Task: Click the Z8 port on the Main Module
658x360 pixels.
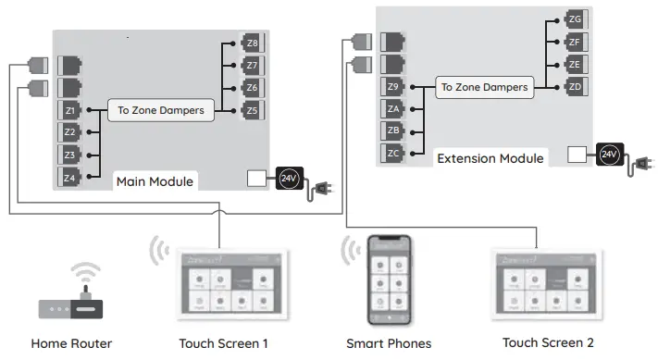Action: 253,43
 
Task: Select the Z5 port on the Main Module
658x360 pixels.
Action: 253,110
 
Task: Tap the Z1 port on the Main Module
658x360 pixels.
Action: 70,110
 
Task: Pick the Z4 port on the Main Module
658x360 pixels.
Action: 70,176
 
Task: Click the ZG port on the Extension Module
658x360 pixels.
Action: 575,19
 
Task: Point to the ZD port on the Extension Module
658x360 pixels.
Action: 575,87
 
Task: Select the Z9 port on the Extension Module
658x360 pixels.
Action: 393,87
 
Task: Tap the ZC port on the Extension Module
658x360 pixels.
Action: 393,153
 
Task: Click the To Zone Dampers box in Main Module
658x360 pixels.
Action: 161,110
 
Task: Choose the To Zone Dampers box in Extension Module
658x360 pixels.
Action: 484,87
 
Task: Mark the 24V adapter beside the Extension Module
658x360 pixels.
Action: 609,155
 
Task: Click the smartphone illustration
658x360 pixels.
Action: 389,279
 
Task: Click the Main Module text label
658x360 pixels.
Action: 155,181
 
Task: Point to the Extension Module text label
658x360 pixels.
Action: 490,158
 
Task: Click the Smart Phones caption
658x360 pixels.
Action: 389,343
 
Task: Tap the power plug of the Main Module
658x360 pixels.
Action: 323,190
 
